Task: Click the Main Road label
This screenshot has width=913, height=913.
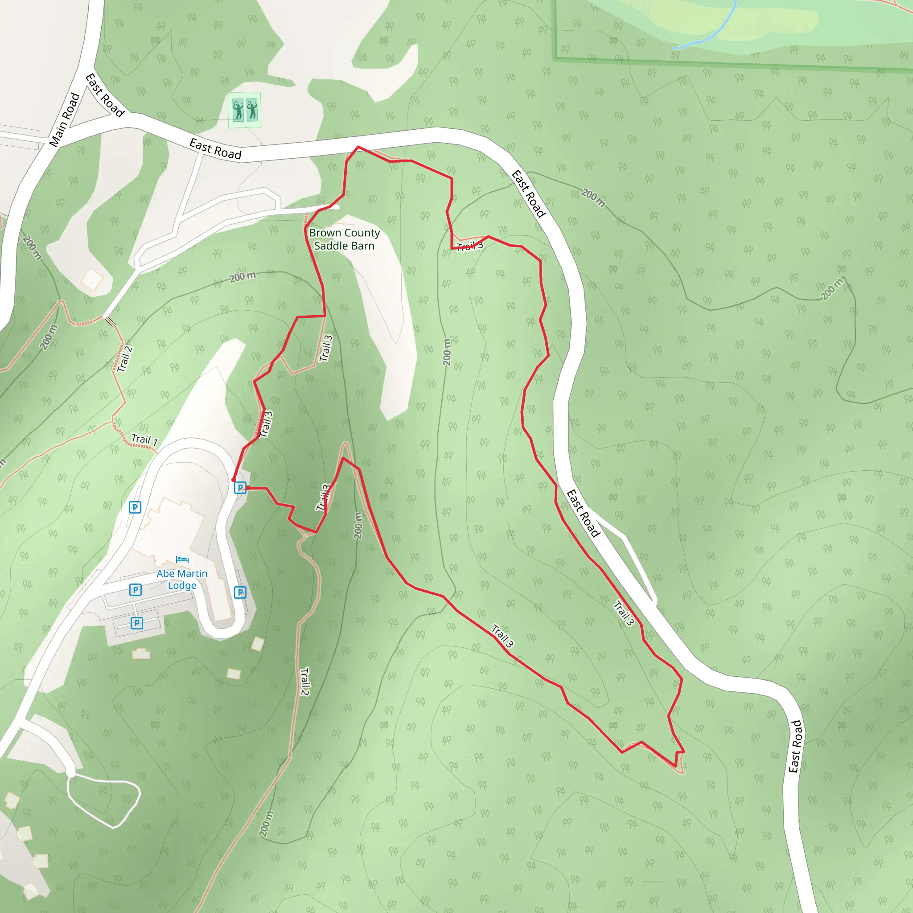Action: tap(65, 119)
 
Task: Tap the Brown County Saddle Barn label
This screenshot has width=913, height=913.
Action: tap(344, 239)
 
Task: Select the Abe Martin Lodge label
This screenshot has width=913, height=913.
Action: tap(182, 580)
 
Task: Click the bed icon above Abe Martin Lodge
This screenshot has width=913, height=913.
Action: tap(182, 559)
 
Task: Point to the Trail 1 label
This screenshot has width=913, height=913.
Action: tap(144, 440)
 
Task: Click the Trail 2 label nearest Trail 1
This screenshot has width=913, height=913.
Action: tap(125, 359)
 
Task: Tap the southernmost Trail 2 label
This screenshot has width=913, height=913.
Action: tap(305, 682)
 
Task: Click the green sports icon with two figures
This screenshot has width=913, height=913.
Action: tap(244, 110)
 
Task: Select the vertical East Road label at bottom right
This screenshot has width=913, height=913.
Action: tap(795, 746)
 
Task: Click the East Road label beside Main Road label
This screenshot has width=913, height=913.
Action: tap(105, 95)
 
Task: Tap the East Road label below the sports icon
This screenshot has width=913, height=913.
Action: tap(215, 149)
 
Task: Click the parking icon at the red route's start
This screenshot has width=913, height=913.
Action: tap(240, 488)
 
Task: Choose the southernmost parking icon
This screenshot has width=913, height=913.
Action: tap(136, 623)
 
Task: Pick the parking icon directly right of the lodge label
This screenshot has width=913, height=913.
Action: tap(240, 592)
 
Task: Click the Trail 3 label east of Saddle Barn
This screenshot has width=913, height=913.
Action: tap(470, 246)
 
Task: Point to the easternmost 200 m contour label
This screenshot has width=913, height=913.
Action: tap(832, 289)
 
